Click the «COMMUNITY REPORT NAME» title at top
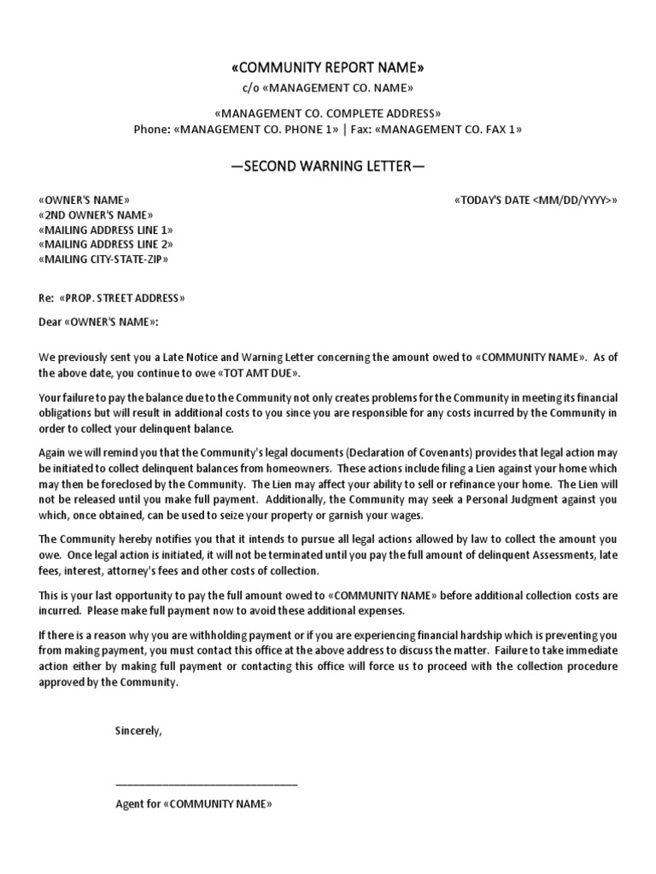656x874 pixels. [327, 68]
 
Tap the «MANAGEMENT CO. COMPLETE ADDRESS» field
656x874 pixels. [327, 114]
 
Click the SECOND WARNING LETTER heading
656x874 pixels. [327, 166]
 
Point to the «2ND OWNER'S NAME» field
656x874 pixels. [96, 215]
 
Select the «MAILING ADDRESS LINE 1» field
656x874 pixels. [106, 230]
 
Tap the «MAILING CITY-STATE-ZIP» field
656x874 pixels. [103, 259]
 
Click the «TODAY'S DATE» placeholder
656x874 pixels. [536, 200]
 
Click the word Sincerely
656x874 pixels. [138, 731]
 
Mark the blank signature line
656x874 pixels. [206, 784]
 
